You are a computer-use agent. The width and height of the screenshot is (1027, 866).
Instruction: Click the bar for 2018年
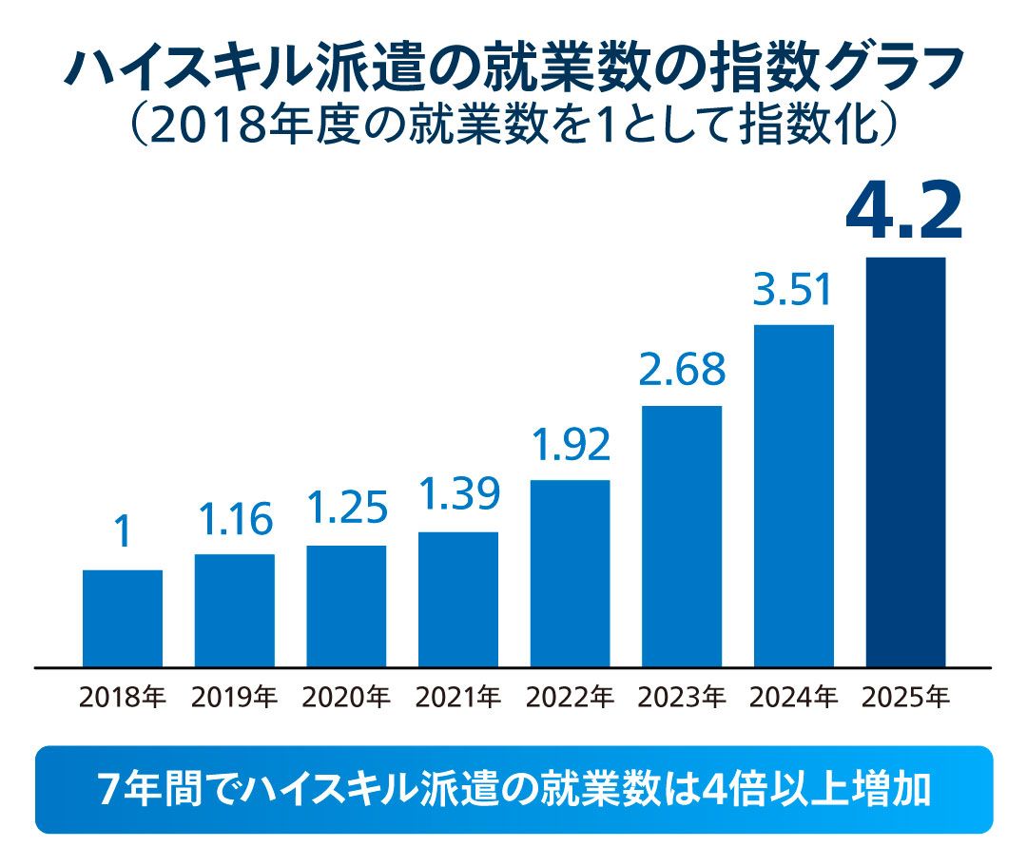[123, 618]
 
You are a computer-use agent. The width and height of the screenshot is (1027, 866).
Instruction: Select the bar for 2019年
[235, 609]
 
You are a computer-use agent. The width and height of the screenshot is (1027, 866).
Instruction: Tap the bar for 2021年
[458, 599]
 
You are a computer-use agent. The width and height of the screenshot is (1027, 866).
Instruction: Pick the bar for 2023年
[682, 535]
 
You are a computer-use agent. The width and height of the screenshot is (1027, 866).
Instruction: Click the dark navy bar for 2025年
[905, 461]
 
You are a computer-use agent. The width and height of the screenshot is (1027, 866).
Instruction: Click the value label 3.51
[793, 289]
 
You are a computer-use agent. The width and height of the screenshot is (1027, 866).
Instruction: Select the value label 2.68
[682, 369]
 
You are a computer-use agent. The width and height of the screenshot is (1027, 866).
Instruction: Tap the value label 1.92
[570, 444]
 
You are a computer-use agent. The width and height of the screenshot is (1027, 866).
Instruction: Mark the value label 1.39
[458, 495]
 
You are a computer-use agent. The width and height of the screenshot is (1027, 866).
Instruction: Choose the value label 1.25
[346, 509]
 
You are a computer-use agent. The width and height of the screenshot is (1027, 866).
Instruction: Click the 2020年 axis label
[346, 698]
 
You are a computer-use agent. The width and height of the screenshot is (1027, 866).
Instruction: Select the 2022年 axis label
[570, 698]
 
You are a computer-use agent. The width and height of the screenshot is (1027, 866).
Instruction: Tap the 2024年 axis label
[793, 698]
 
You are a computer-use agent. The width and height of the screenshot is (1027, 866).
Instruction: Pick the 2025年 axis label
[905, 698]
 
